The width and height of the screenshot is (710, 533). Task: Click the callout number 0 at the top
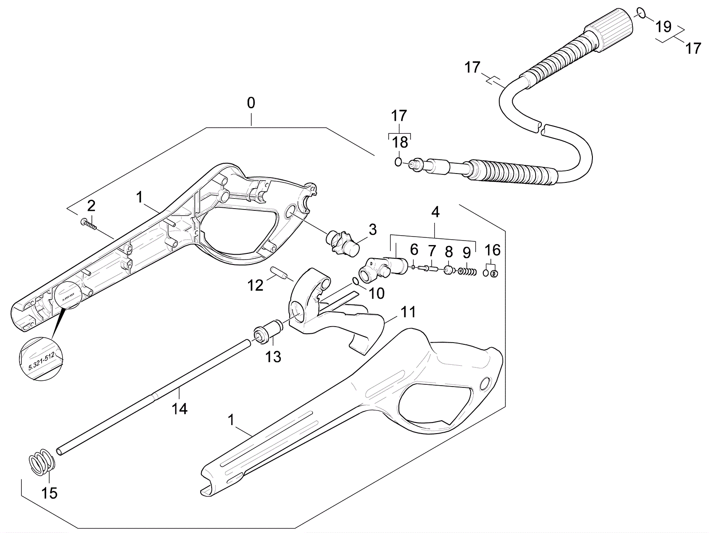tap(251, 103)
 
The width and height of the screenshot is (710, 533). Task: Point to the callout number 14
tap(180, 409)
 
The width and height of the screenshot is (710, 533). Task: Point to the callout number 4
tap(435, 212)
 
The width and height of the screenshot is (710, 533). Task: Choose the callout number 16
tap(493, 250)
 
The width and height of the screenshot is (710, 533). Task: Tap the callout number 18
tap(399, 142)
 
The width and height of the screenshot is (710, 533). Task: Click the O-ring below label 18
tap(398, 162)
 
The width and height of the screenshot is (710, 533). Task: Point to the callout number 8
tap(448, 253)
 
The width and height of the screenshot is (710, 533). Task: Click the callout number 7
tap(431, 252)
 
